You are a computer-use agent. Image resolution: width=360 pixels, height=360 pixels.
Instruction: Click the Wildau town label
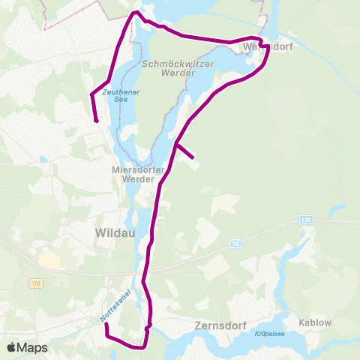tap(114, 233)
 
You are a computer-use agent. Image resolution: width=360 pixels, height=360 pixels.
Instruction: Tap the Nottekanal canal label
tap(114, 306)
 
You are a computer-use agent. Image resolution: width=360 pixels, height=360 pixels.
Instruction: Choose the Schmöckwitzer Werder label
tap(178, 69)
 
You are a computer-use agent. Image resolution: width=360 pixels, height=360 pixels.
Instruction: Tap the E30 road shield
tap(304, 219)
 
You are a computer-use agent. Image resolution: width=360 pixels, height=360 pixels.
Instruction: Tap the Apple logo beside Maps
tap(11, 347)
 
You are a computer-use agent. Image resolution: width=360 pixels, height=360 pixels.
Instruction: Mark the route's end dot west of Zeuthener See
tap(96, 120)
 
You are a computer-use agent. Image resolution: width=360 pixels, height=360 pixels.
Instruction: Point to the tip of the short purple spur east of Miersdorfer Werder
tap(193, 157)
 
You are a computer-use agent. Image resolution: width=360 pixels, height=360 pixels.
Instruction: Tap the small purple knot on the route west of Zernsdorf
tap(148, 325)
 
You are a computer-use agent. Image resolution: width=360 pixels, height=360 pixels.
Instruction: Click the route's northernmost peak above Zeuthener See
tap(135, 13)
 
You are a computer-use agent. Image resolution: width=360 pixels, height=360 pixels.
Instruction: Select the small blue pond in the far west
tap(43, 159)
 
